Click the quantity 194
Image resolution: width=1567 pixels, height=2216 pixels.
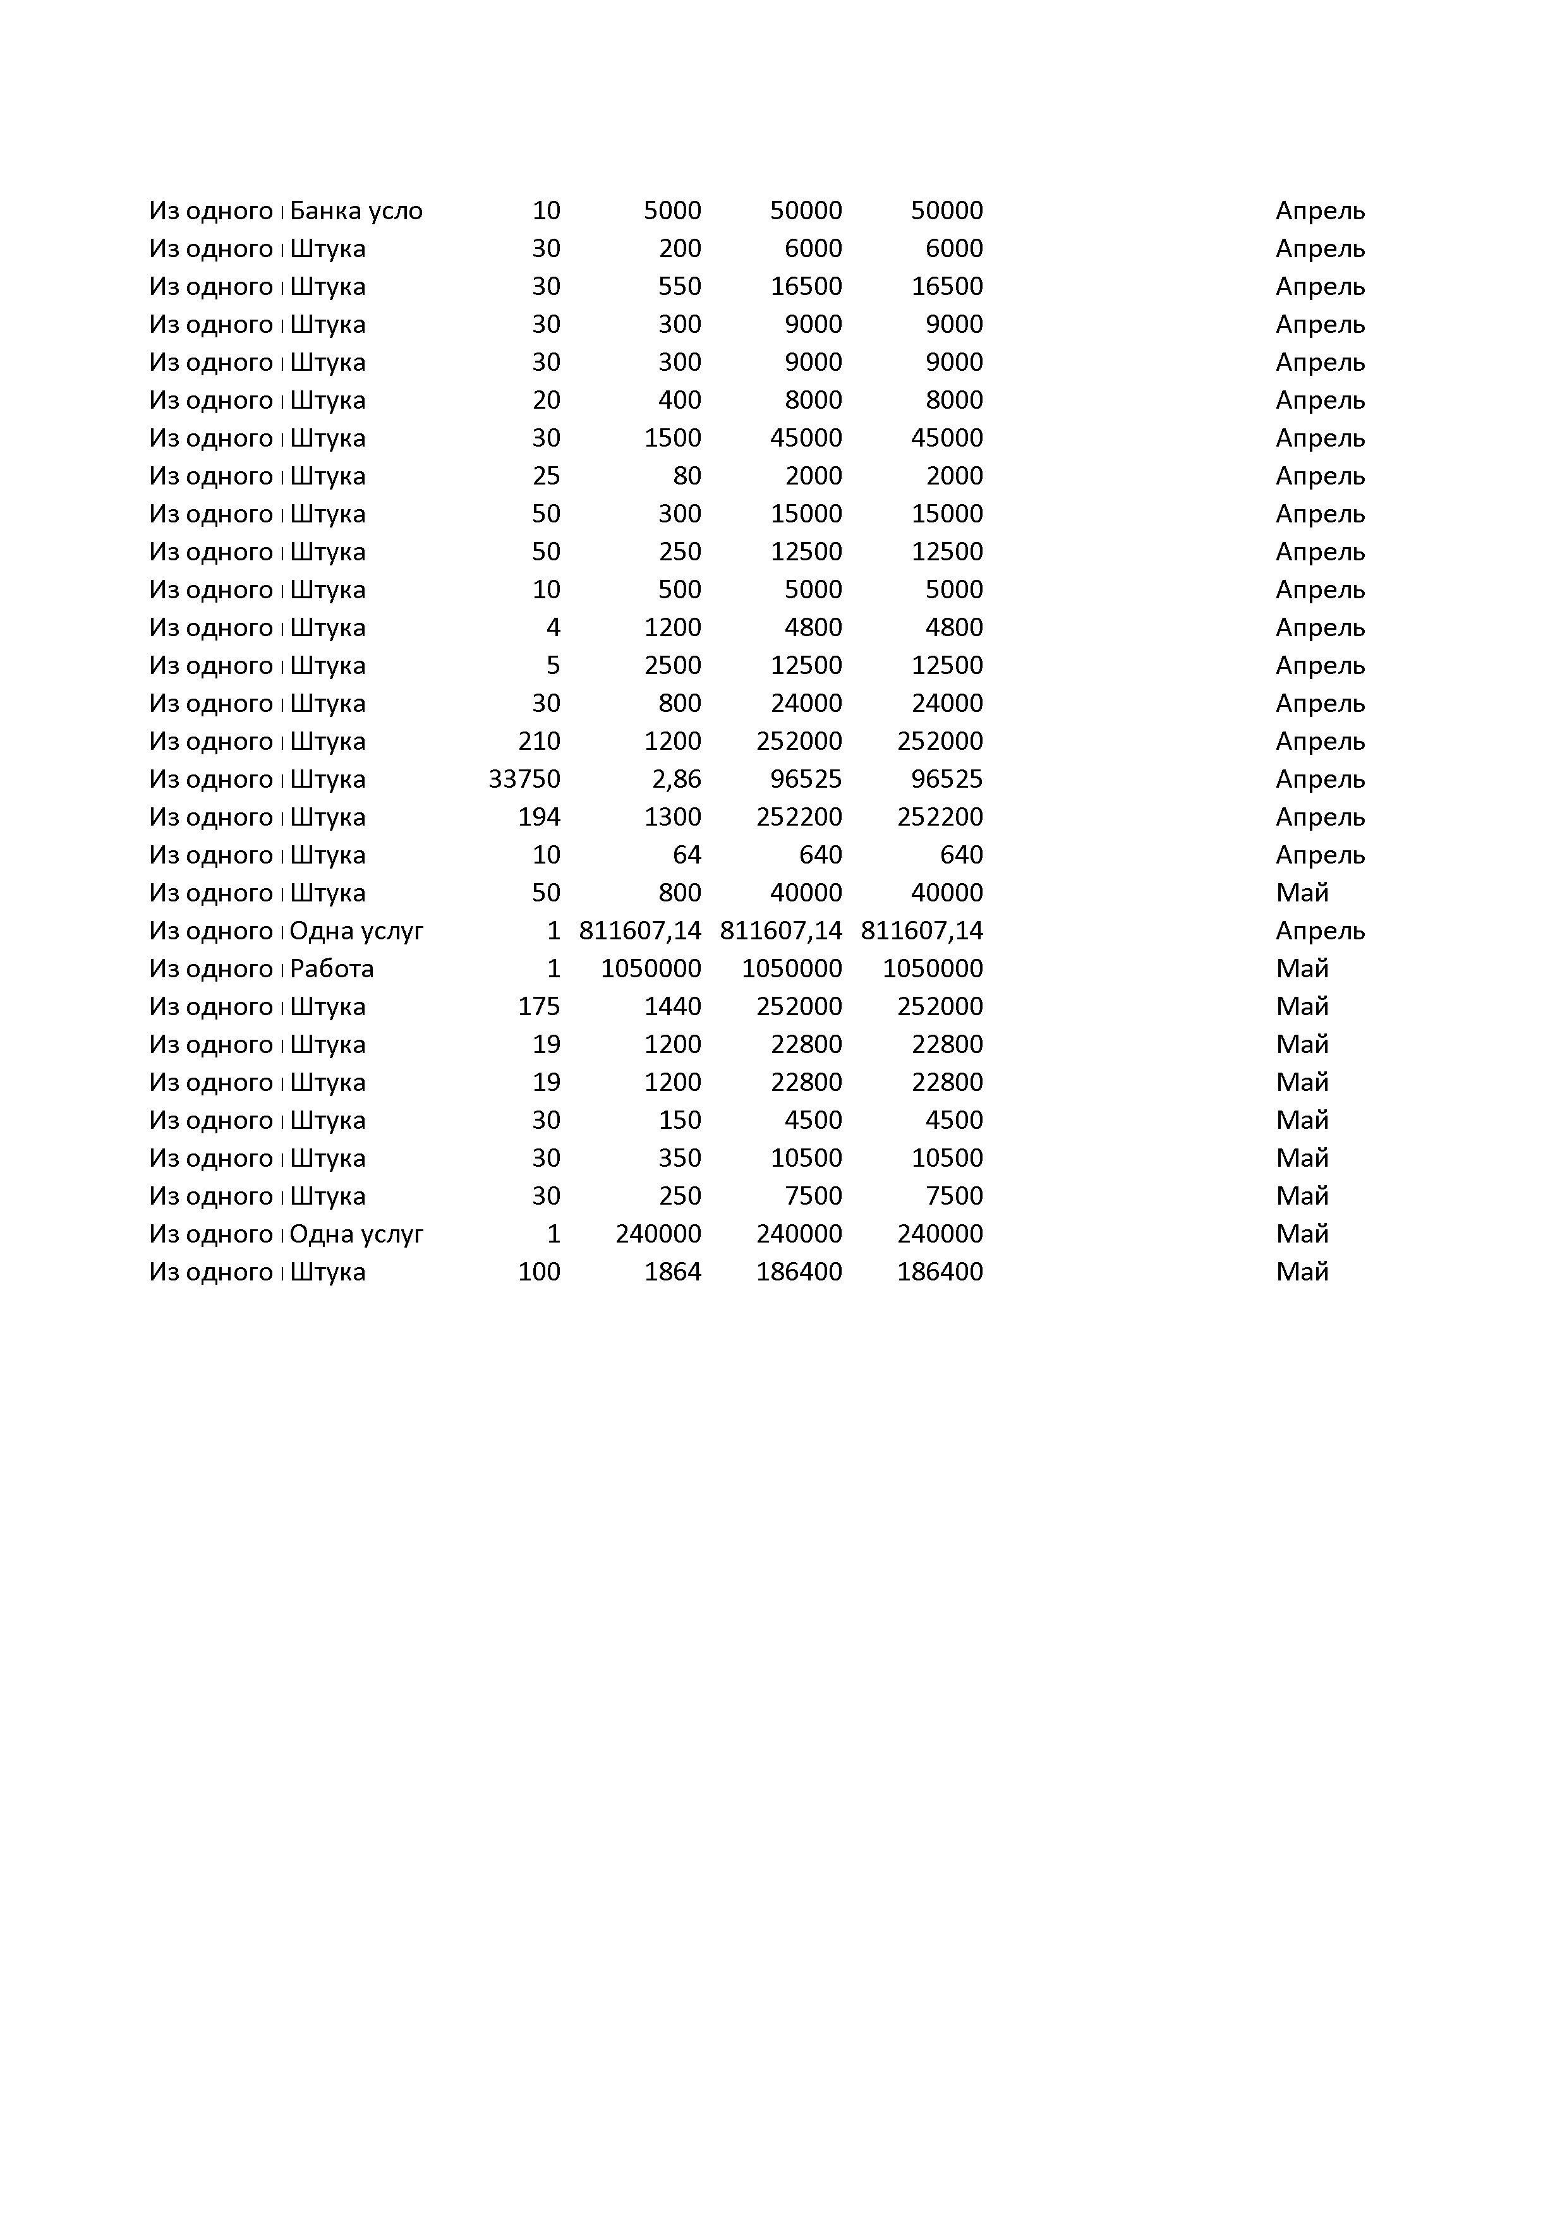pyautogui.click(x=539, y=817)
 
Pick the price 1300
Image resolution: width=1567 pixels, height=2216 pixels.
pyautogui.click(x=672, y=817)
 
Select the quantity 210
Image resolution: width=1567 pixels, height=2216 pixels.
pyautogui.click(x=539, y=741)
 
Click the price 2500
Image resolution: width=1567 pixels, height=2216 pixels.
pyautogui.click(x=672, y=665)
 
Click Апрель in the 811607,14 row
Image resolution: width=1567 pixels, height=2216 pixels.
pyautogui.click(x=1320, y=930)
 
